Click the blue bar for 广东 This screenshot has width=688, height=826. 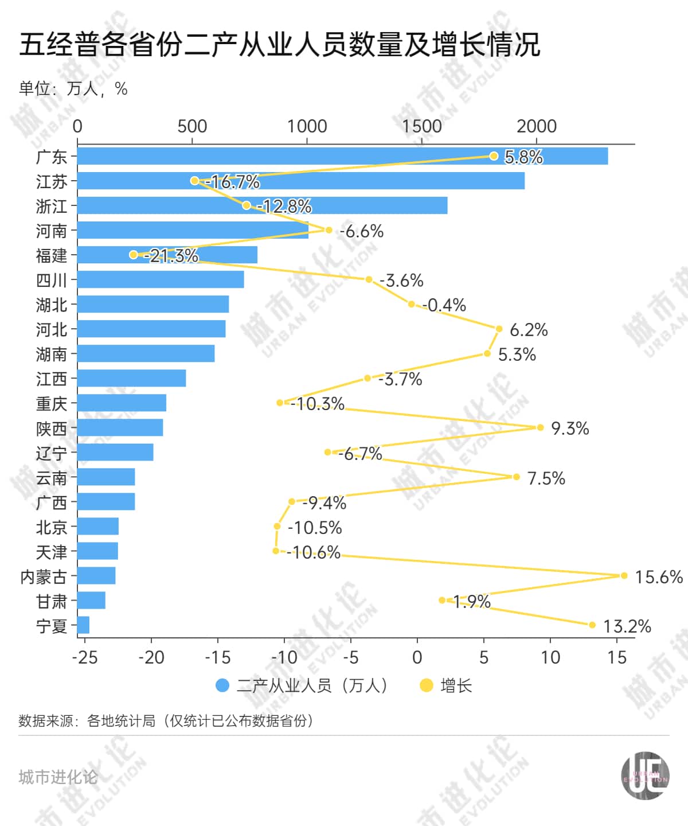click(342, 156)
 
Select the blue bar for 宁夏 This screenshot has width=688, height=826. click(84, 625)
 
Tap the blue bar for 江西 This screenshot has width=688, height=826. click(131, 378)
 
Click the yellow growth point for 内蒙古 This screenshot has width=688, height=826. click(624, 575)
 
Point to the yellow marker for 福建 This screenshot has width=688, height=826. click(134, 255)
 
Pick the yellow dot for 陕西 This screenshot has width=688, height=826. click(540, 427)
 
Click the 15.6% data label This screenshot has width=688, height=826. click(659, 576)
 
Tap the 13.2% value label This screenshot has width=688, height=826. click(627, 626)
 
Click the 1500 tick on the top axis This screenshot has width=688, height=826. click(422, 126)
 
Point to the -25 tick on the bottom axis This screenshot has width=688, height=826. click(85, 657)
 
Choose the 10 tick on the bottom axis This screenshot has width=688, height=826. click(550, 657)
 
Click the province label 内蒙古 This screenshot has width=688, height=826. click(44, 576)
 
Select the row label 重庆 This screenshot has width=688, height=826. click(52, 403)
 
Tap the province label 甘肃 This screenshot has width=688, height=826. click(52, 601)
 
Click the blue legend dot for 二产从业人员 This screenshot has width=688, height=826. click(222, 685)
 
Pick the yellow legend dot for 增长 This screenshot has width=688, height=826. click(426, 685)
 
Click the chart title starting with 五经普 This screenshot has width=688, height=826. click(280, 45)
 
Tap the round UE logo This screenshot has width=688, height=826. click(646, 776)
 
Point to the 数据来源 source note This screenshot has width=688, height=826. click(167, 720)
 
